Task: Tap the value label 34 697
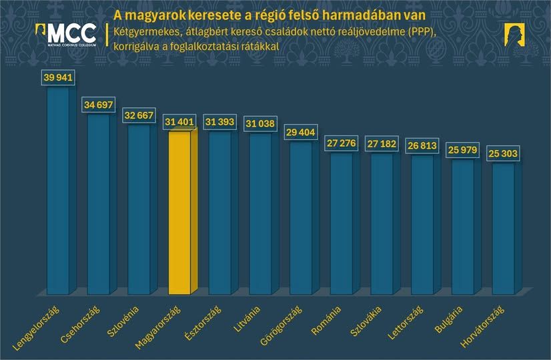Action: tap(99, 105)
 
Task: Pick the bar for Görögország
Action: tap(302, 217)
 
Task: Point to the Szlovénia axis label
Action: tap(123, 321)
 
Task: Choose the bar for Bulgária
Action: tap(464, 227)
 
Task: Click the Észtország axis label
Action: tap(203, 323)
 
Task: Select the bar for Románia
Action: tap(343, 223)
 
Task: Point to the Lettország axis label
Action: tap(406, 323)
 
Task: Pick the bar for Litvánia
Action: tap(261, 213)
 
